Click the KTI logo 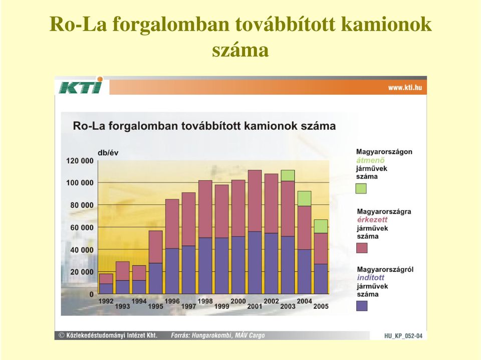coord(80,86)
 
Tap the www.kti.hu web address coord(405,88)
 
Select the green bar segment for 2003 coord(288,175)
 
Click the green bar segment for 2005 coord(321,227)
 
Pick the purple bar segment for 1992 coord(106,289)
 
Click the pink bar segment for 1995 coord(155,247)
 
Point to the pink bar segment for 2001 coord(255,201)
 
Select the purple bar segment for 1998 coord(205,266)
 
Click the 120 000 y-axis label coord(80,161)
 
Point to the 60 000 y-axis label coord(82,228)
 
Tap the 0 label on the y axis coord(91,294)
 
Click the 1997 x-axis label coord(189,306)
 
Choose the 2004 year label coord(304,301)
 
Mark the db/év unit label coord(108,153)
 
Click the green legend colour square coord(361,189)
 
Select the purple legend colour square coord(362,306)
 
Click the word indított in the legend coord(371,278)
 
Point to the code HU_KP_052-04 coord(403,336)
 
